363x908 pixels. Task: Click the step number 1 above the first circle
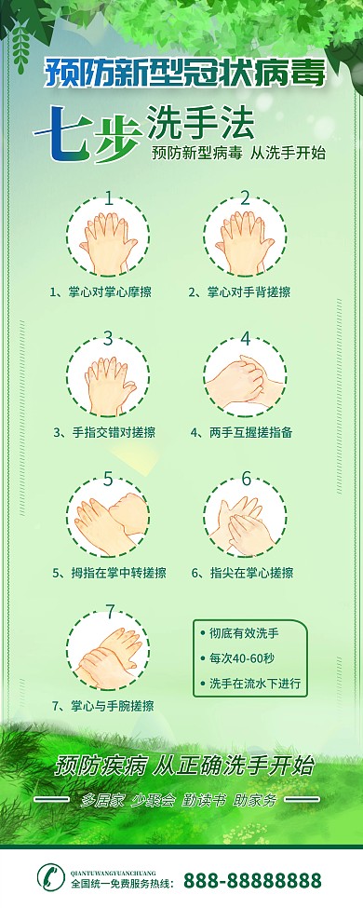pyautogui.click(x=110, y=197)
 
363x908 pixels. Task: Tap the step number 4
pyautogui.click(x=246, y=339)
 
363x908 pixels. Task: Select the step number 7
pyautogui.click(x=110, y=612)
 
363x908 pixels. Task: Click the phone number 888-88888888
pyautogui.click(x=252, y=880)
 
